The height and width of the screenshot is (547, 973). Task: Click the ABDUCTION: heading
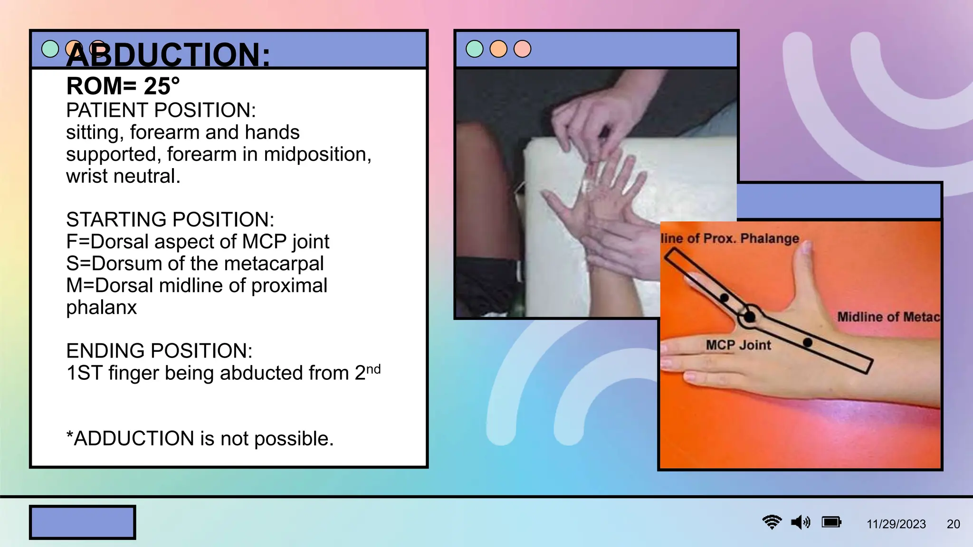[x=168, y=55]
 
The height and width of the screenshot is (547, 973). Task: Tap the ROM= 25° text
[x=123, y=86]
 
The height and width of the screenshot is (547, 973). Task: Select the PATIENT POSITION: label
[x=161, y=111]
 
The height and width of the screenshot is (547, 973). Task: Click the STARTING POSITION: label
[x=170, y=220]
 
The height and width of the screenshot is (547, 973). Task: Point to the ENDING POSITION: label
[x=159, y=351]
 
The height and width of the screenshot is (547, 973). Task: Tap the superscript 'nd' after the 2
[x=373, y=369]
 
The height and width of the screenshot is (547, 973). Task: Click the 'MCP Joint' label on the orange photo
[x=738, y=345]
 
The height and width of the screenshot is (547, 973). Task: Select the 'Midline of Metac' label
[x=888, y=317]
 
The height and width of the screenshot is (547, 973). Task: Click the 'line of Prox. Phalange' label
[x=730, y=238]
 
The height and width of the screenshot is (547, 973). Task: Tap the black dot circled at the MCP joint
[x=750, y=316]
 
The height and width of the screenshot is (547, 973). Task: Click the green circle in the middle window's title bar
[x=475, y=49]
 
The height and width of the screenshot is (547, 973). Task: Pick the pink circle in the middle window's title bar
[x=522, y=49]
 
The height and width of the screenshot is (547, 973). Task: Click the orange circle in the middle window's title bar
[x=498, y=49]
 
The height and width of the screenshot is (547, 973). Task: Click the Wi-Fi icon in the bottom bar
[x=772, y=522]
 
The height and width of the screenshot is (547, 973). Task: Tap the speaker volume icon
[x=801, y=522]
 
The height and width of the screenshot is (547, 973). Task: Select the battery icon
[x=831, y=522]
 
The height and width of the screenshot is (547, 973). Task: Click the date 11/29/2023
[x=896, y=524]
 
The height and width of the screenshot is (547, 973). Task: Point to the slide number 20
[x=953, y=524]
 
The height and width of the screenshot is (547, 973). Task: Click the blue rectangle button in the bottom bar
[x=83, y=522]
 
